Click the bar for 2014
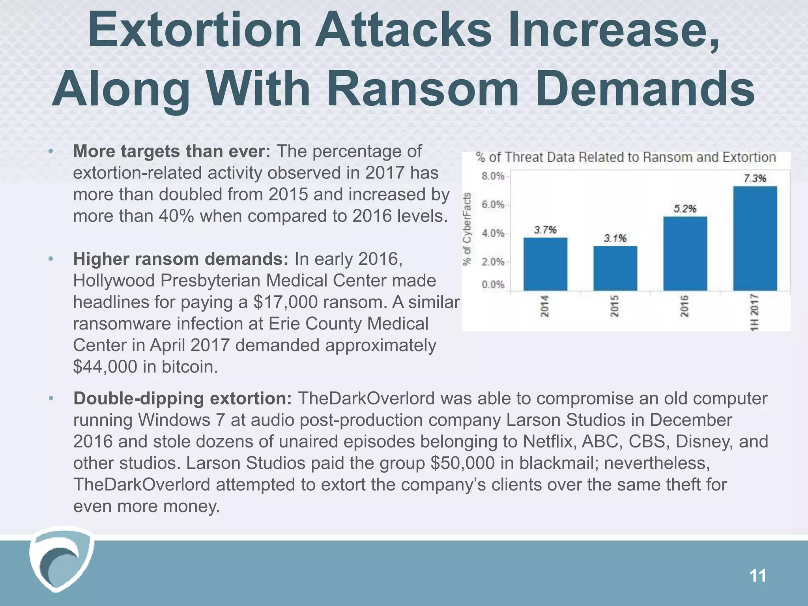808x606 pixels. coord(545,264)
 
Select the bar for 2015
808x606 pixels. coord(615,268)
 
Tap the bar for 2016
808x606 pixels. coord(685,254)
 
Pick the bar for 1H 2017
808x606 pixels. coord(755,238)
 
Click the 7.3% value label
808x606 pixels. coord(755,178)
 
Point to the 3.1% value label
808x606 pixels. coord(615,238)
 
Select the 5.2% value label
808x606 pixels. coord(685,209)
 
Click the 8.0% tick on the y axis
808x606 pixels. coord(493,176)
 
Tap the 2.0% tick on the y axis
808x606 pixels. coord(493,262)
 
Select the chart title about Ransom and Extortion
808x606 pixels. coord(626,157)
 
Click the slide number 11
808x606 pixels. coord(757,576)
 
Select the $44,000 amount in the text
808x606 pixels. coord(105,367)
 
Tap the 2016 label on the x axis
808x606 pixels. coord(685,306)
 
